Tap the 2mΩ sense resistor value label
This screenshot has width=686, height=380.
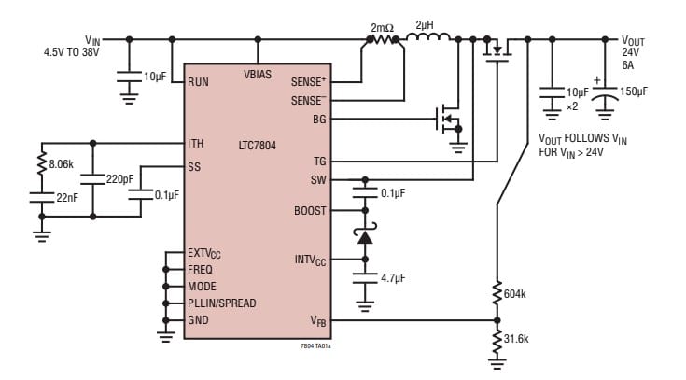click(382, 28)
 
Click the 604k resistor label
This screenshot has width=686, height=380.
click(514, 294)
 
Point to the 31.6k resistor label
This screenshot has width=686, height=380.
click(517, 338)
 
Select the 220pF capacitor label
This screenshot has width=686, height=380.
click(119, 177)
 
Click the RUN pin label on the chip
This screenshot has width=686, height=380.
click(199, 82)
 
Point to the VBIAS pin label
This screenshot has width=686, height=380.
click(258, 74)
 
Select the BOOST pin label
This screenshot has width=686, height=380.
click(310, 211)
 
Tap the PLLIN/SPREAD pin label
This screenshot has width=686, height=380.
click(222, 303)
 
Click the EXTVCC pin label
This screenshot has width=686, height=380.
click(204, 253)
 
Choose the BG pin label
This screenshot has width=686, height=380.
click(319, 119)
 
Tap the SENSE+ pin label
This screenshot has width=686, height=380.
click(309, 82)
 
